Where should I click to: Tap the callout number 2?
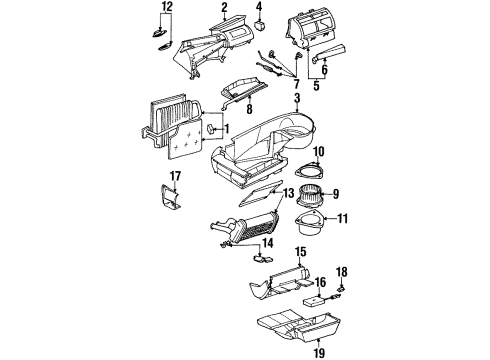[224, 9]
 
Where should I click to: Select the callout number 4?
[259, 9]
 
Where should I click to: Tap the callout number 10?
[319, 151]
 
